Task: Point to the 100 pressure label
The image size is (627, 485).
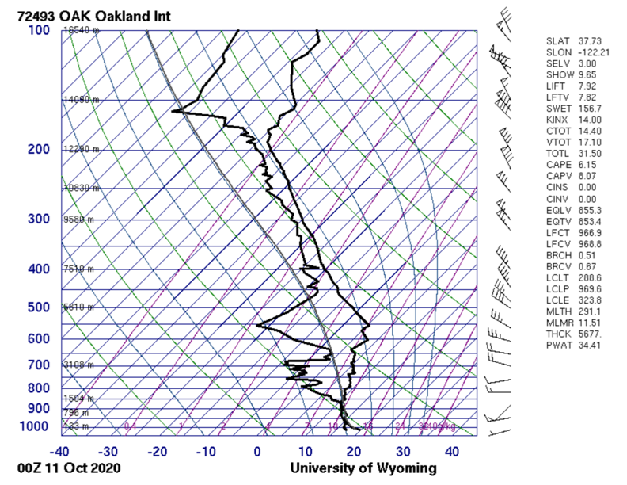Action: [40, 30]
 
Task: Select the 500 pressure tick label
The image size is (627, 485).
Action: [40, 307]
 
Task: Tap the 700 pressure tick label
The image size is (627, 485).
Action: [40, 365]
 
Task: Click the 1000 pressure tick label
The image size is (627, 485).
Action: [36, 427]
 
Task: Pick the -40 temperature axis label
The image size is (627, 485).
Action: [59, 452]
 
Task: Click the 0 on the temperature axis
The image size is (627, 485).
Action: [257, 452]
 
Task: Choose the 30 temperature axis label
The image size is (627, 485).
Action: [403, 452]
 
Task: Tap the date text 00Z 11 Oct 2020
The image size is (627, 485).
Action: [71, 468]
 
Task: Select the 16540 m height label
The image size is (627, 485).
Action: [82, 30]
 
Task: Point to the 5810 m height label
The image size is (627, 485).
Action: [79, 307]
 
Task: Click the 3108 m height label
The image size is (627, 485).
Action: [79, 365]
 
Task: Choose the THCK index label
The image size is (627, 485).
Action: [558, 334]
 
